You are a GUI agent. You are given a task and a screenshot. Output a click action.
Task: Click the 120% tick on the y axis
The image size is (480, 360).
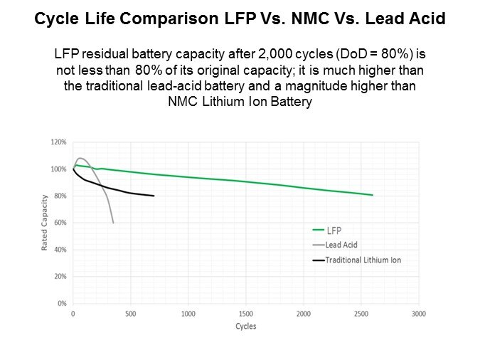58,142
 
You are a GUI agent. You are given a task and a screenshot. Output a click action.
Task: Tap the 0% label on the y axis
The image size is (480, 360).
62,304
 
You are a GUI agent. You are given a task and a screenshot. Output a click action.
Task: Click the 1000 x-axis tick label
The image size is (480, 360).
188,312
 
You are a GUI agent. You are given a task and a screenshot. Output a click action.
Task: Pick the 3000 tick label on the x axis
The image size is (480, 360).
419,312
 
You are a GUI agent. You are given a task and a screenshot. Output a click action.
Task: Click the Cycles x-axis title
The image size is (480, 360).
245,327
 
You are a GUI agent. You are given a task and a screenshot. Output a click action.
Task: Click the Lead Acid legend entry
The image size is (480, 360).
342,244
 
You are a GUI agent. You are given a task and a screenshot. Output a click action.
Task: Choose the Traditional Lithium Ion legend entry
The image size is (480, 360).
363,260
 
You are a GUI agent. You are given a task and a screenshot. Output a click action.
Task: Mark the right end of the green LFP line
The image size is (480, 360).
373,195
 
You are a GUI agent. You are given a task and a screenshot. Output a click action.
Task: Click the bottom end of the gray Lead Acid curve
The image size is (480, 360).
113,223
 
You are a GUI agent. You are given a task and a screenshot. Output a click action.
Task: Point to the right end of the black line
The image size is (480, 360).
154,196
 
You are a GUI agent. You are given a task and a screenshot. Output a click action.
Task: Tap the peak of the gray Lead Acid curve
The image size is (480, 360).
80,158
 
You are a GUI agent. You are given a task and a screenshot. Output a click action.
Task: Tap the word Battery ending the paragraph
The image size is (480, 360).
290,102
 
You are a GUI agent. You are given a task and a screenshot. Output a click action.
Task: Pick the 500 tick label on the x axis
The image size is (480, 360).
130,312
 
